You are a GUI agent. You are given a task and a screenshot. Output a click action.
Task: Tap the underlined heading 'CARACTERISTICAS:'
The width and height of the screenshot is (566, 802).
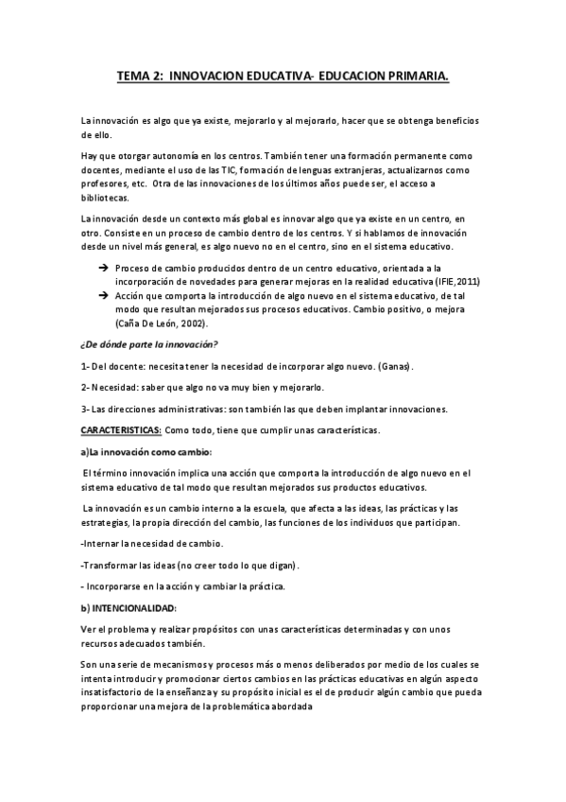click(121, 430)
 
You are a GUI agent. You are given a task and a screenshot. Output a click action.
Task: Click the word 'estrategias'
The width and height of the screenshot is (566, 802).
click(108, 522)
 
